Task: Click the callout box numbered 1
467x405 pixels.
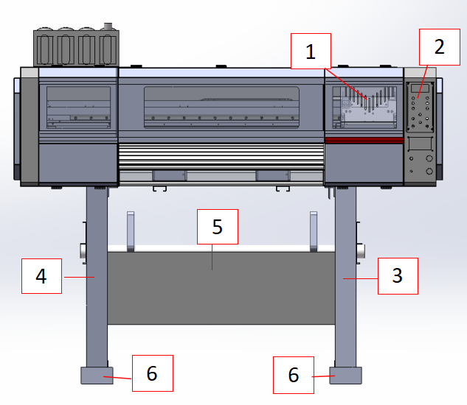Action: [310, 52]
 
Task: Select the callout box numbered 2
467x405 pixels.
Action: [439, 47]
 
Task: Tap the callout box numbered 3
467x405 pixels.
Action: [397, 275]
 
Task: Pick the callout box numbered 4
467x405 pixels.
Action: [41, 275]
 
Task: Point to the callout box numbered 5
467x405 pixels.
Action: [218, 227]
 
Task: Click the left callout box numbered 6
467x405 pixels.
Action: [152, 373]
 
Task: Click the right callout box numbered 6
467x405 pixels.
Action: [294, 376]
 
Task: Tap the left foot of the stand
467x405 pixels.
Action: [96, 376]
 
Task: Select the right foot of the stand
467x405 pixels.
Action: [345, 376]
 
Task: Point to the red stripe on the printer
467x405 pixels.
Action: [364, 139]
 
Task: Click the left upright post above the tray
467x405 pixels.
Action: [131, 229]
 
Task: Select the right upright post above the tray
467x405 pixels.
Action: [313, 229]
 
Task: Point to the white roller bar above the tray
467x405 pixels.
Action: [221, 249]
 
